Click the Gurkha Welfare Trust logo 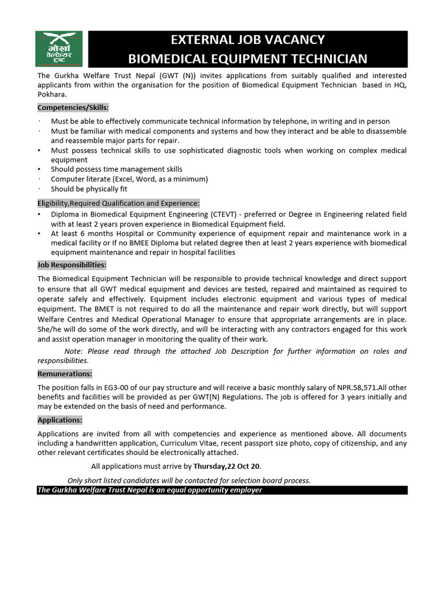[59, 49]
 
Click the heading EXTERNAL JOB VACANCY [247, 40]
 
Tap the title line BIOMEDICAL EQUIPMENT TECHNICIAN [247, 58]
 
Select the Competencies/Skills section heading [73, 108]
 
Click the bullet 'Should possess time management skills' [116, 169]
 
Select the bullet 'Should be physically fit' [89, 189]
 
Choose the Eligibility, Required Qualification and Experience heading [119, 203]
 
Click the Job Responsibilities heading [72, 265]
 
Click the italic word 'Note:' [74, 351]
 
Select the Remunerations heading [65, 374]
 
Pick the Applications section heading [60, 420]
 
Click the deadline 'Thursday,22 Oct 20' [227, 466]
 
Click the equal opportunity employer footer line [150, 490]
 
